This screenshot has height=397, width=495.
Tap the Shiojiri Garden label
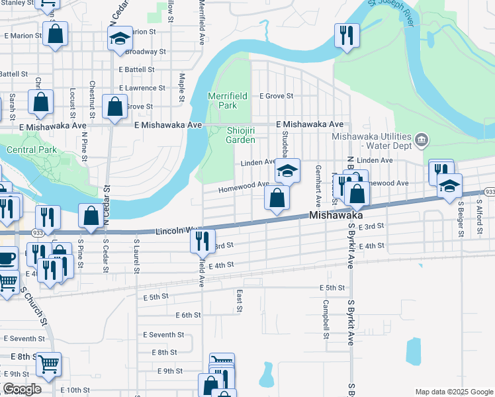[240, 135]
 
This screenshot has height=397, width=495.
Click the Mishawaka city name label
[337, 216]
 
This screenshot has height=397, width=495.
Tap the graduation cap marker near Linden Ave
[287, 171]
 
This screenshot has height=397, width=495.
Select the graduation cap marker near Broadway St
[120, 38]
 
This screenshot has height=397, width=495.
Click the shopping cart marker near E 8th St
[48, 363]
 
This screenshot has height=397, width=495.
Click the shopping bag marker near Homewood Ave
[277, 197]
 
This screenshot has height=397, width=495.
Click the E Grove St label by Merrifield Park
[276, 96]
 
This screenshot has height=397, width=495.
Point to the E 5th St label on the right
[332, 288]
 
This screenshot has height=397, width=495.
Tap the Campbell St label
[326, 319]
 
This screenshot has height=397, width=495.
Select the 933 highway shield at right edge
[489, 191]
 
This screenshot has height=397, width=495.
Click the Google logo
[22, 389]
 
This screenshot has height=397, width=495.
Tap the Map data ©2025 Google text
[453, 392]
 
